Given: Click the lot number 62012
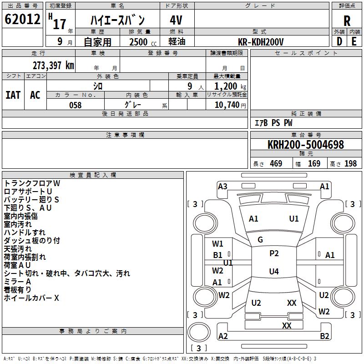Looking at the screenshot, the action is coord(22,19).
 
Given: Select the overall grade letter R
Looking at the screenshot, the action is coord(347,21).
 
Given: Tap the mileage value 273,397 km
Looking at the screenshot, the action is coord(53,66).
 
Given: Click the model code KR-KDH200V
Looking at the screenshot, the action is coord(261,42).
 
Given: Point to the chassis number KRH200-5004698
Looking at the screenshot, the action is coord(306,145).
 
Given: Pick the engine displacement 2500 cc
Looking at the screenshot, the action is coord(143,42).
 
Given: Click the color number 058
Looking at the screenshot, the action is coord(76,105).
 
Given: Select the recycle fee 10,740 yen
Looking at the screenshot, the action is coord(230,105).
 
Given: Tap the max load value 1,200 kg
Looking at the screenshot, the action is coord(230,86).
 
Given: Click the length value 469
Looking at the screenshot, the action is coord(276,163).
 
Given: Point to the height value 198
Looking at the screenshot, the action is coord(350,163).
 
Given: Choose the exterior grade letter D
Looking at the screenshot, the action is coord(339,41).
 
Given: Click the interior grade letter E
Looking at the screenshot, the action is coord(354,41).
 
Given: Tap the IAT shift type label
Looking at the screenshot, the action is coord(13,95).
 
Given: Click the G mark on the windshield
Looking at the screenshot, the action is coord(260,240).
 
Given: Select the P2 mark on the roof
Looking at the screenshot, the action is coord(274,253).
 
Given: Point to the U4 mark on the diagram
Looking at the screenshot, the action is coord(274,271).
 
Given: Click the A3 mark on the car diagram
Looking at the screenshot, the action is coord(222,187).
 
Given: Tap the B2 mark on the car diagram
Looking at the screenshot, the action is coord(324,336).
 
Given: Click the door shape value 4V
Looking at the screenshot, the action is coord(176,20).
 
